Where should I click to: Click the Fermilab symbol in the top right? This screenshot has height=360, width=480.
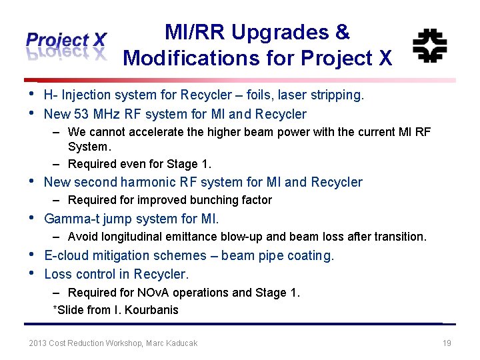tap(429, 45)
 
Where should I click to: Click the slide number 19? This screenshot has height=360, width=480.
tap(447, 343)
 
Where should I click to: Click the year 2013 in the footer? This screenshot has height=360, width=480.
tap(38, 343)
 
